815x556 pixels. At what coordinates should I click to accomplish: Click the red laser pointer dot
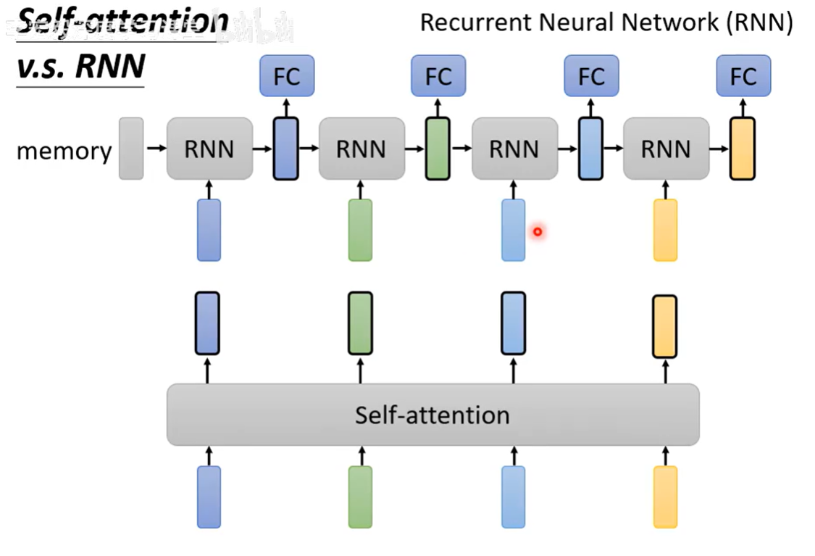point(538,232)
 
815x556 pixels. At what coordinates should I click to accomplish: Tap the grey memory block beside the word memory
point(131,149)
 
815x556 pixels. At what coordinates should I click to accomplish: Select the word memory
point(64,152)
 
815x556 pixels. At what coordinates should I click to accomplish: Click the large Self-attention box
point(432,415)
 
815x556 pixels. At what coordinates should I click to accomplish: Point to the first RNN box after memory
point(209,149)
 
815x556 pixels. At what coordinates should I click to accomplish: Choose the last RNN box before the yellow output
point(666,149)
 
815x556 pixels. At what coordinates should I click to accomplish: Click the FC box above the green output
point(438,75)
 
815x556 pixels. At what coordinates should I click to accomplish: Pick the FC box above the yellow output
point(743,75)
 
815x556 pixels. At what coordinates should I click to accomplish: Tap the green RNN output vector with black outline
point(437,149)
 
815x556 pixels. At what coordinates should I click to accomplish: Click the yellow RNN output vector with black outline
point(743,149)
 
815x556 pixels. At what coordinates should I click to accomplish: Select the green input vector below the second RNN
point(360,230)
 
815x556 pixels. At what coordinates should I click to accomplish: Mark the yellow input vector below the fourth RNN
point(665,230)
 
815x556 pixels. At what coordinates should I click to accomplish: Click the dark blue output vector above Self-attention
point(207,323)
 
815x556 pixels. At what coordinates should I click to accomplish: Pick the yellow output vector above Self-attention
point(665,326)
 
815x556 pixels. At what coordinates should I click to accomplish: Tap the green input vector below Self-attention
point(360,497)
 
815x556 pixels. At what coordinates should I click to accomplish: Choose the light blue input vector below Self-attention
point(513,497)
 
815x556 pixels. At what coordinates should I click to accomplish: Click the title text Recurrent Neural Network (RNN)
point(606,22)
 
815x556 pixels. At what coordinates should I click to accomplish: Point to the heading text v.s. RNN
point(80,67)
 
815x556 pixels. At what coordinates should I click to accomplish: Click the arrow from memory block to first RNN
point(155,149)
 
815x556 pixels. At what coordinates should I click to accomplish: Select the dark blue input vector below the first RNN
point(209,230)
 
